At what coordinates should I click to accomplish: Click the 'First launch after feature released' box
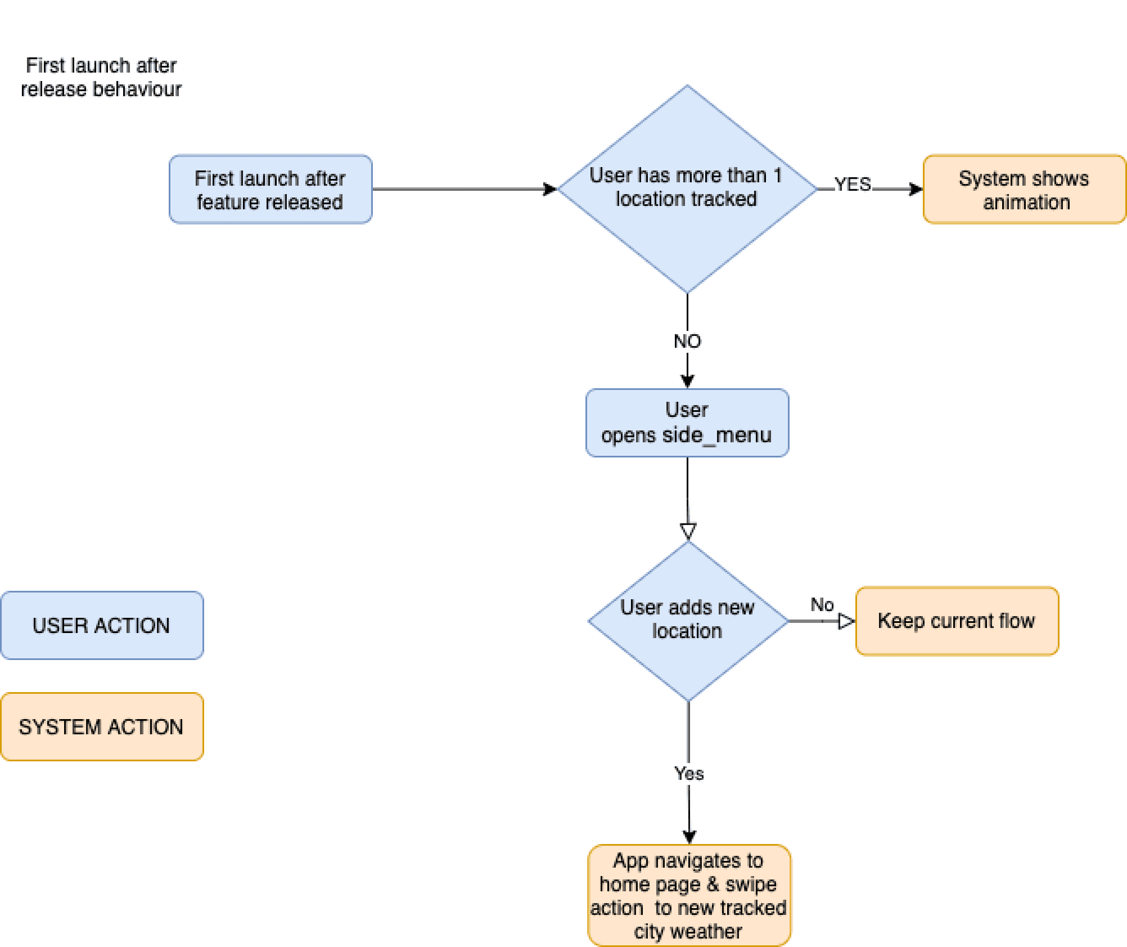point(270,189)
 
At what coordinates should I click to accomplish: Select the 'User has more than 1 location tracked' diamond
point(687,189)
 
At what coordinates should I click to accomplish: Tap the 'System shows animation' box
point(1024,189)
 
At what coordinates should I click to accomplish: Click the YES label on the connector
point(852,184)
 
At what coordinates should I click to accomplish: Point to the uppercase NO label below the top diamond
point(688,341)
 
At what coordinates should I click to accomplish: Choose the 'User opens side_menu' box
point(687,423)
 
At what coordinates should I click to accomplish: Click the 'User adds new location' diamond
point(688,621)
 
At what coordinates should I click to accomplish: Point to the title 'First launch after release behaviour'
point(101,77)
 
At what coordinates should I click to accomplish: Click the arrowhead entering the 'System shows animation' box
point(916,189)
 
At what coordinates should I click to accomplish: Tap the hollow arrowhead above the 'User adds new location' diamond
point(688,531)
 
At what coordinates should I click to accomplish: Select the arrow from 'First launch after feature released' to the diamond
point(465,189)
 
